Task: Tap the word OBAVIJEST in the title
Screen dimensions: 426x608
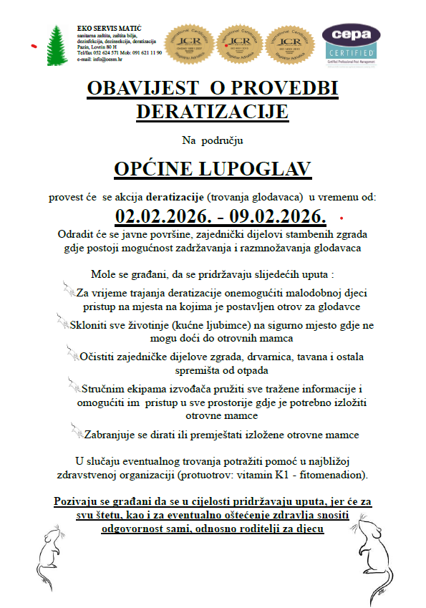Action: point(141,89)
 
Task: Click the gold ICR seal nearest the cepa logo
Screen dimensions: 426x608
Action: point(289,44)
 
